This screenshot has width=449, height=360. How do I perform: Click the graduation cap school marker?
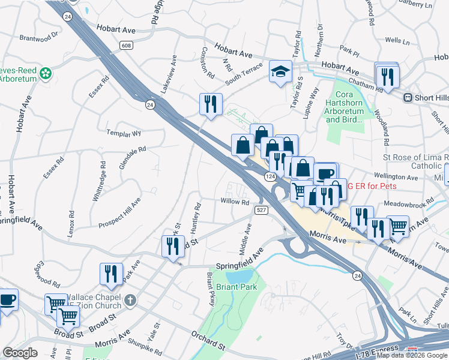pyautogui.click(x=280, y=71)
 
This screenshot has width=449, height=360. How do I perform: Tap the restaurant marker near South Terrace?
pyautogui.click(x=211, y=103)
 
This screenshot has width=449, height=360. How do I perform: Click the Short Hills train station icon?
pyautogui.click(x=408, y=98)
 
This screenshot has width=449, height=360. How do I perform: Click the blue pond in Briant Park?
pyautogui.click(x=240, y=276)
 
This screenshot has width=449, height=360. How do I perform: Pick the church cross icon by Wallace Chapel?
pyautogui.click(x=130, y=298)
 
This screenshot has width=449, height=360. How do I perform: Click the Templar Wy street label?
pyautogui.click(x=123, y=133)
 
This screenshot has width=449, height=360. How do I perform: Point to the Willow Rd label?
pyautogui.click(x=235, y=202)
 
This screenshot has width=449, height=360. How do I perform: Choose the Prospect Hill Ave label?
pyautogui.click(x=119, y=212)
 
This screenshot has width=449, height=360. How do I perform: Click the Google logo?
pyautogui.click(x=20, y=353)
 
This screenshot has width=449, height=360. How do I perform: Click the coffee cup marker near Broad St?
pyautogui.click(x=7, y=299)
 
